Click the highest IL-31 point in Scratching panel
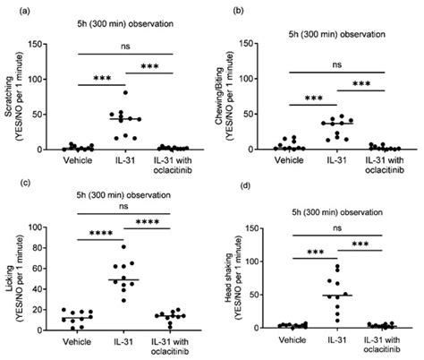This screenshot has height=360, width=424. pos(125,92)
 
